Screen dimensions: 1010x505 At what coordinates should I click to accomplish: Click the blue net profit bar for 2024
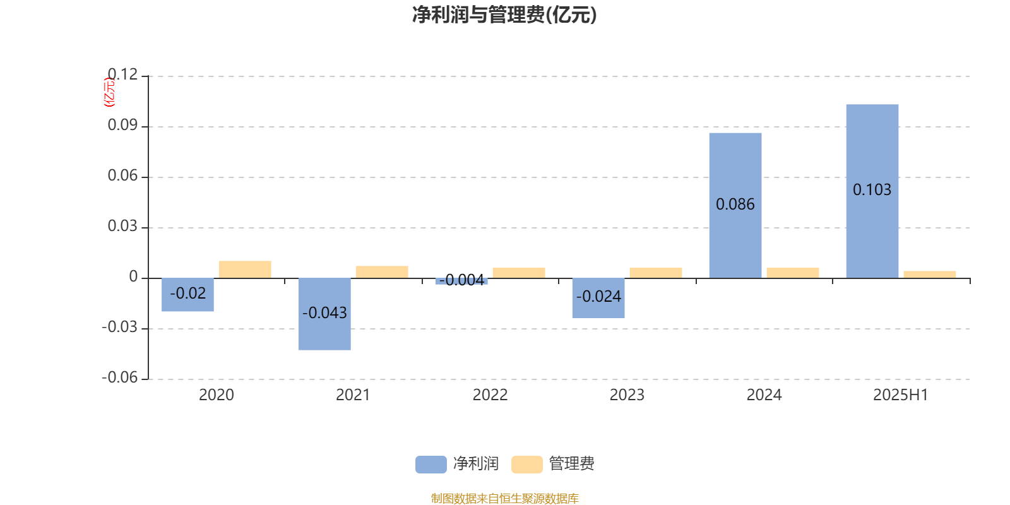tap(735, 206)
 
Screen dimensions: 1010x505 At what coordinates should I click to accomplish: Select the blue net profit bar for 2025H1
tap(872, 191)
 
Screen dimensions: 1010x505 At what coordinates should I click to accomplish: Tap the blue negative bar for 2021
tap(324, 314)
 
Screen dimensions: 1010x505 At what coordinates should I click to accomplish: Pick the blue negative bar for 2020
tap(187, 294)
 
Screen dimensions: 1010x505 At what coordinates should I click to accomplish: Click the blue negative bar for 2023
tap(598, 298)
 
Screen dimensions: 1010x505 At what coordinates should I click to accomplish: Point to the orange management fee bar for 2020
tap(245, 270)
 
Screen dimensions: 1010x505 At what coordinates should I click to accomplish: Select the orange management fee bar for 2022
tap(519, 273)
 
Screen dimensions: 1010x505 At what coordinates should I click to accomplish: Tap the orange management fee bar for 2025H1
tap(930, 275)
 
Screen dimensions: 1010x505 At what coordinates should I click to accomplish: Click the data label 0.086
tap(735, 205)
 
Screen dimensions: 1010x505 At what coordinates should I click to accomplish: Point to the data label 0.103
tap(872, 190)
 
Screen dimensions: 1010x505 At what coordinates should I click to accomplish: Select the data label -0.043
tap(324, 313)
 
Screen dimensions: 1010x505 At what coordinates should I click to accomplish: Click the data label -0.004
tap(461, 280)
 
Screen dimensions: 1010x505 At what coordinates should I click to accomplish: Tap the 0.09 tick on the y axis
tap(122, 125)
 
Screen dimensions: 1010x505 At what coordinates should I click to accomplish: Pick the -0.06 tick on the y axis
tap(120, 377)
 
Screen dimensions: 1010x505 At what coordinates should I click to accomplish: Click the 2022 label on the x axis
tap(490, 395)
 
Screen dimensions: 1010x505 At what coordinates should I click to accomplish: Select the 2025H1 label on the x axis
tap(901, 395)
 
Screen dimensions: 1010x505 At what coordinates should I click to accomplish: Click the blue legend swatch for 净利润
tap(431, 465)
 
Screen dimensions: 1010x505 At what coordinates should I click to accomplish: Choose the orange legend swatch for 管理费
tap(526, 465)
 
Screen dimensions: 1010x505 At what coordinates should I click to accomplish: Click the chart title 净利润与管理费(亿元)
tap(504, 15)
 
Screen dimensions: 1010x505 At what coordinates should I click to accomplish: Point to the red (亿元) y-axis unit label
tap(109, 92)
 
